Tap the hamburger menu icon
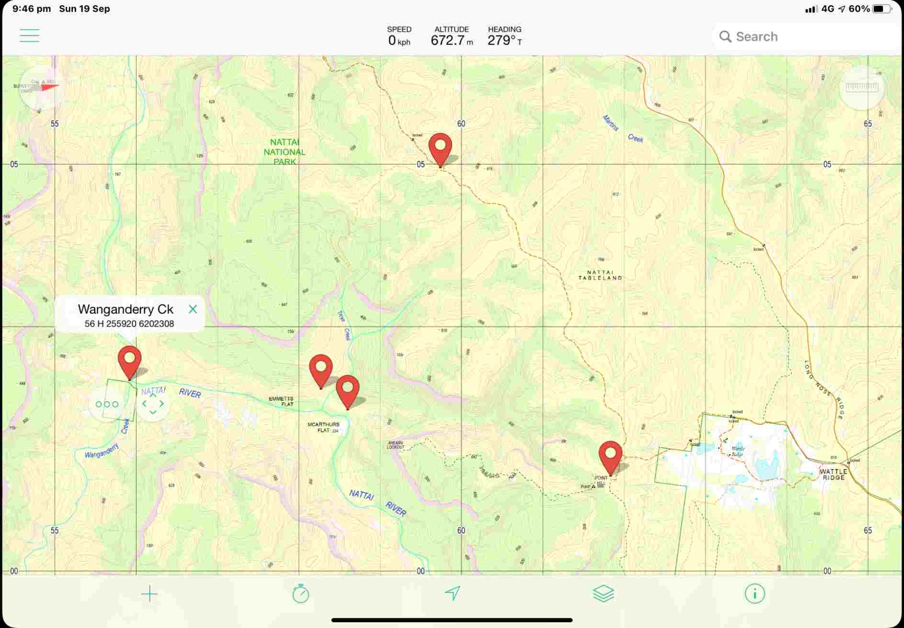click(29, 35)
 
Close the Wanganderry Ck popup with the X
click(193, 309)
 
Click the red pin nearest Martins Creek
click(440, 148)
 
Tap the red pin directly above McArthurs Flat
click(348, 391)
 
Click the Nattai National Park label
click(284, 152)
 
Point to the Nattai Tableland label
click(600, 275)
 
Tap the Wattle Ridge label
click(834, 474)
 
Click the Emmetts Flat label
click(281, 401)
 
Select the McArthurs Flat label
click(323, 427)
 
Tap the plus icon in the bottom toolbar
click(149, 594)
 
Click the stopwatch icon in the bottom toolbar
click(301, 594)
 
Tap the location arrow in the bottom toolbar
click(452, 594)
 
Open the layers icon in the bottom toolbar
click(603, 594)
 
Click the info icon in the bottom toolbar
click(755, 594)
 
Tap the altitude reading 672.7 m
click(452, 40)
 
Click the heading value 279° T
click(505, 40)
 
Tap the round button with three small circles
click(107, 404)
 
